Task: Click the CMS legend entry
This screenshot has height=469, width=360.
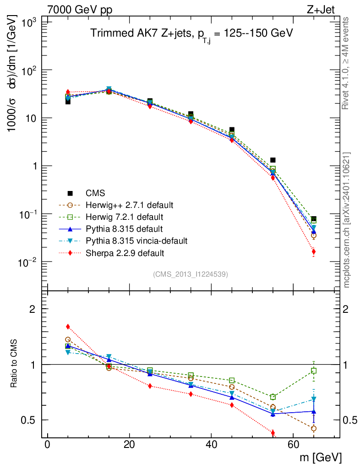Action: pyautogui.click(x=96, y=193)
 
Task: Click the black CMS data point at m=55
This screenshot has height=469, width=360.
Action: pyautogui.click(x=273, y=160)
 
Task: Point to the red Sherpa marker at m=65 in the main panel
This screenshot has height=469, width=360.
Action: pyautogui.click(x=314, y=251)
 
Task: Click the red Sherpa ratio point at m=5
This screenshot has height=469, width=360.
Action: pyautogui.click(x=68, y=327)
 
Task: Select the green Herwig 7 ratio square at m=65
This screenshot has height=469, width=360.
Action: pyautogui.click(x=314, y=371)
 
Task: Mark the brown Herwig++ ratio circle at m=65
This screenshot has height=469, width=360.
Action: pyautogui.click(x=314, y=428)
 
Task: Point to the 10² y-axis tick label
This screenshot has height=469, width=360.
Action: pyautogui.click(x=28, y=70)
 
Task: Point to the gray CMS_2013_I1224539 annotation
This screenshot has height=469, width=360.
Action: pyautogui.click(x=190, y=274)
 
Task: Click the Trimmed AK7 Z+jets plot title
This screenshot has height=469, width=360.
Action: pyautogui.click(x=191, y=33)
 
